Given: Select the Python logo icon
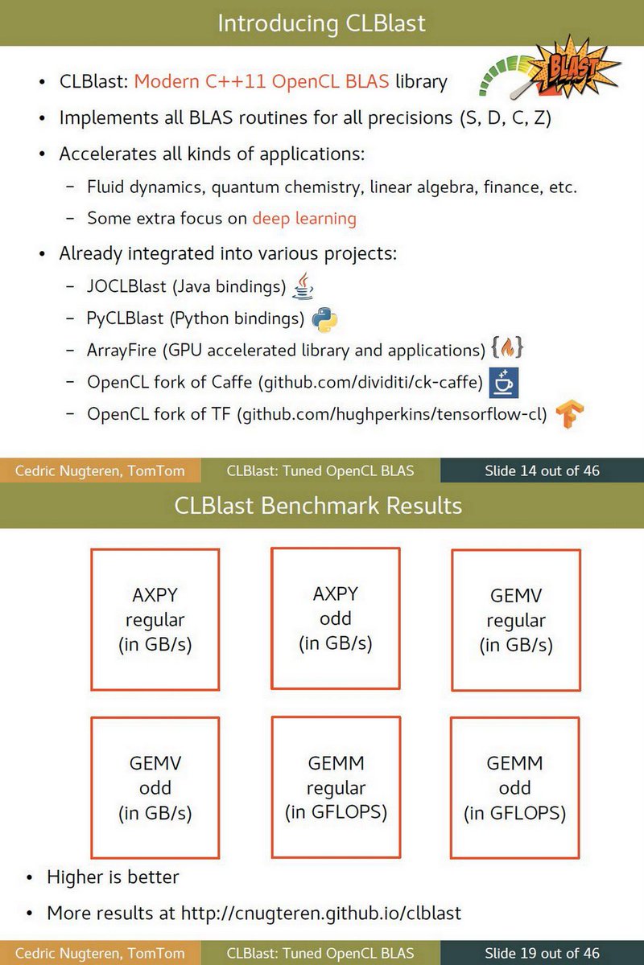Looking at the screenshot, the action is (x=324, y=319).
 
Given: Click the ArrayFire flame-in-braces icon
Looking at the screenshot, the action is (x=507, y=349).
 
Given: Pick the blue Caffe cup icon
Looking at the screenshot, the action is (x=503, y=383).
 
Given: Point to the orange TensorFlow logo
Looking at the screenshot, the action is (x=570, y=414).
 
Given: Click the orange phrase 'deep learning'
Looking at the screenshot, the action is (x=304, y=218).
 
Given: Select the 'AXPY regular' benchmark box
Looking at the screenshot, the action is (x=155, y=619).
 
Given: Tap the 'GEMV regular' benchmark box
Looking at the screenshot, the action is (x=516, y=619).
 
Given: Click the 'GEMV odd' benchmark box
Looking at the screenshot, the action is (x=155, y=787).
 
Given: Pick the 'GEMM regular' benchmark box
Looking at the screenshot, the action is (x=336, y=787).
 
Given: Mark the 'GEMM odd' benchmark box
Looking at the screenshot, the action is (x=515, y=787).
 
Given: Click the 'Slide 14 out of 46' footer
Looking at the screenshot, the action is (x=542, y=470).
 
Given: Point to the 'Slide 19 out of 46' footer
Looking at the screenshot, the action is (x=542, y=953).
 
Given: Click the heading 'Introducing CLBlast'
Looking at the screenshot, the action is (x=321, y=23).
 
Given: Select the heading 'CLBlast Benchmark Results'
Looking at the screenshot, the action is (x=318, y=506).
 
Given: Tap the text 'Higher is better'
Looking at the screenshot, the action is (x=113, y=877).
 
